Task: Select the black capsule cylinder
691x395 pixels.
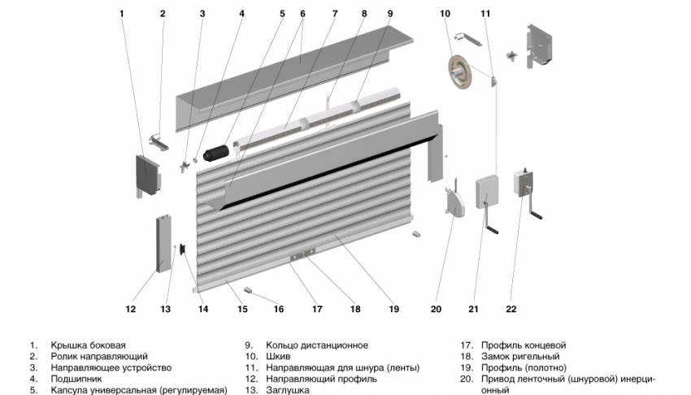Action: tap(216, 151)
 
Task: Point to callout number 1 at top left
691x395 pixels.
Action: tap(121, 13)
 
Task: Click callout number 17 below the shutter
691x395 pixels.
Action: tap(317, 308)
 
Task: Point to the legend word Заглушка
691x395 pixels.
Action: tap(288, 390)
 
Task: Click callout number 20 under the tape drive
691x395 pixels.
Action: tap(435, 308)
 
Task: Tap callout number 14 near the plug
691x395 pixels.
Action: tap(203, 308)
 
